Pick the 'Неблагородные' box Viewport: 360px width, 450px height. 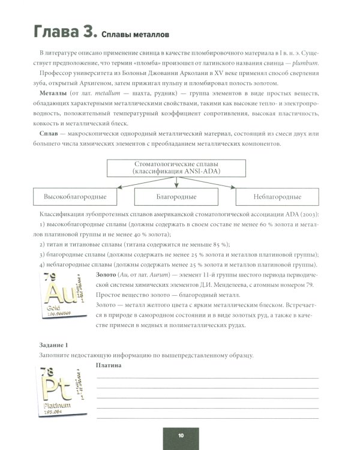click(x=277, y=196)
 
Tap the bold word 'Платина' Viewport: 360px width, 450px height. click(x=109, y=365)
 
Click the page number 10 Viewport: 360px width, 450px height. click(x=180, y=435)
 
